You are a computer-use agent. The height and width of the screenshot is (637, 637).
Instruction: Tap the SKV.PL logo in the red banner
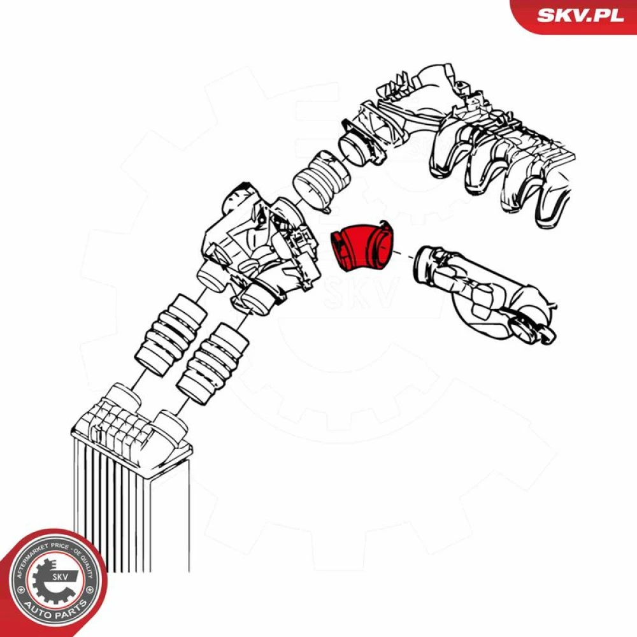(x=580, y=15)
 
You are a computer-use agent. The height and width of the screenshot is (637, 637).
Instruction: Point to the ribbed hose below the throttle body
(x=321, y=181)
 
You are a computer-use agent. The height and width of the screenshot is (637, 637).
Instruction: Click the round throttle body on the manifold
(x=357, y=147)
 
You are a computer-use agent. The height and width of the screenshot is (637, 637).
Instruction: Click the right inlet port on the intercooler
(x=171, y=427)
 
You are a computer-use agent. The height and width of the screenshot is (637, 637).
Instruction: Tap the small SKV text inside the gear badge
(x=60, y=576)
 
